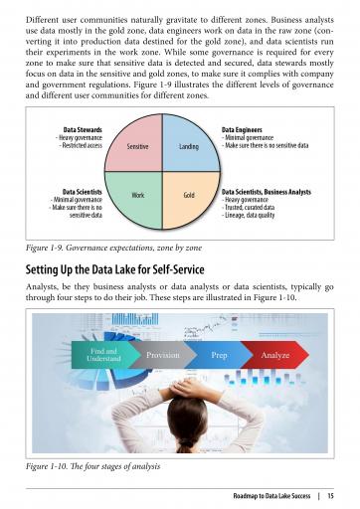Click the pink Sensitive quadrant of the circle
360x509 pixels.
pyautogui.click(x=137, y=146)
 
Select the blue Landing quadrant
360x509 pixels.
pyautogui.click(x=188, y=146)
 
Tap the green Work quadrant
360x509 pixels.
pyautogui.click(x=137, y=196)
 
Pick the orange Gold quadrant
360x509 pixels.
pyautogui.click(x=188, y=196)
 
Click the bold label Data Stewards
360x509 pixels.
pyautogui.click(x=83, y=129)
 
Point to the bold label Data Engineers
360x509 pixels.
pyautogui.click(x=242, y=129)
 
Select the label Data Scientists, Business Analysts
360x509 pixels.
pyautogui.click(x=267, y=192)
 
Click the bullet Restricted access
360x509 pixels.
pyautogui.click(x=81, y=145)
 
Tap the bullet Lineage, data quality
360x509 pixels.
pyautogui.click(x=249, y=215)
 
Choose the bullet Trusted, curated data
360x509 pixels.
pyautogui.click(x=249, y=208)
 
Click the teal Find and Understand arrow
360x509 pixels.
pyautogui.click(x=105, y=355)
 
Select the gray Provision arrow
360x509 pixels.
pyautogui.click(x=163, y=355)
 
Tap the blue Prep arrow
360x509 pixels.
pyautogui.click(x=219, y=355)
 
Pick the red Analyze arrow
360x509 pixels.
pyautogui.click(x=275, y=355)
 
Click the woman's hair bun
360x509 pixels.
pyautogui.click(x=186, y=444)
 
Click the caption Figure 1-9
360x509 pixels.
pyautogui.click(x=113, y=248)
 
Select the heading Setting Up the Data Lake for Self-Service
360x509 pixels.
pyautogui.click(x=114, y=269)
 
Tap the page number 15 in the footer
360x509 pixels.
pyautogui.click(x=330, y=496)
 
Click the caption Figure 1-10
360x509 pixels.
pyautogui.click(x=92, y=466)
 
